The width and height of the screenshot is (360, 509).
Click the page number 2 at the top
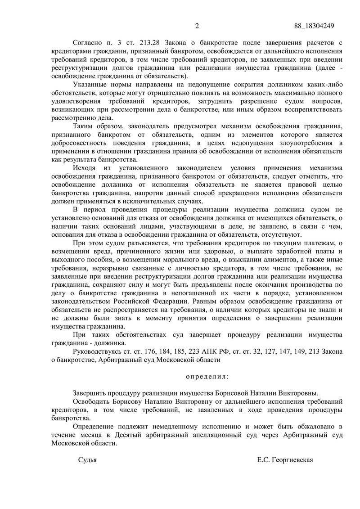pyautogui.click(x=197, y=26)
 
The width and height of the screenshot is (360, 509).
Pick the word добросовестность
pyautogui.click(x=80, y=143)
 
